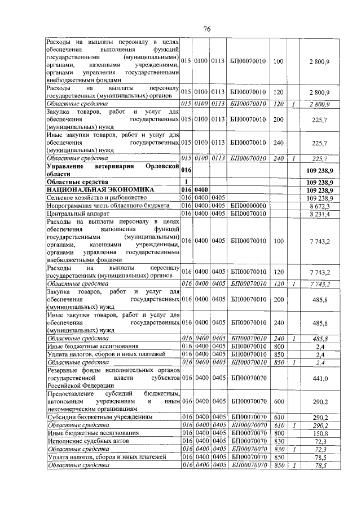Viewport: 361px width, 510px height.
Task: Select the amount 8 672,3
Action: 320,207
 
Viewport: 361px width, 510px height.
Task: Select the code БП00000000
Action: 248,207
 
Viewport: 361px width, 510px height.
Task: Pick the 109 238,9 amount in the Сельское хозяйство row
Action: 319,199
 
